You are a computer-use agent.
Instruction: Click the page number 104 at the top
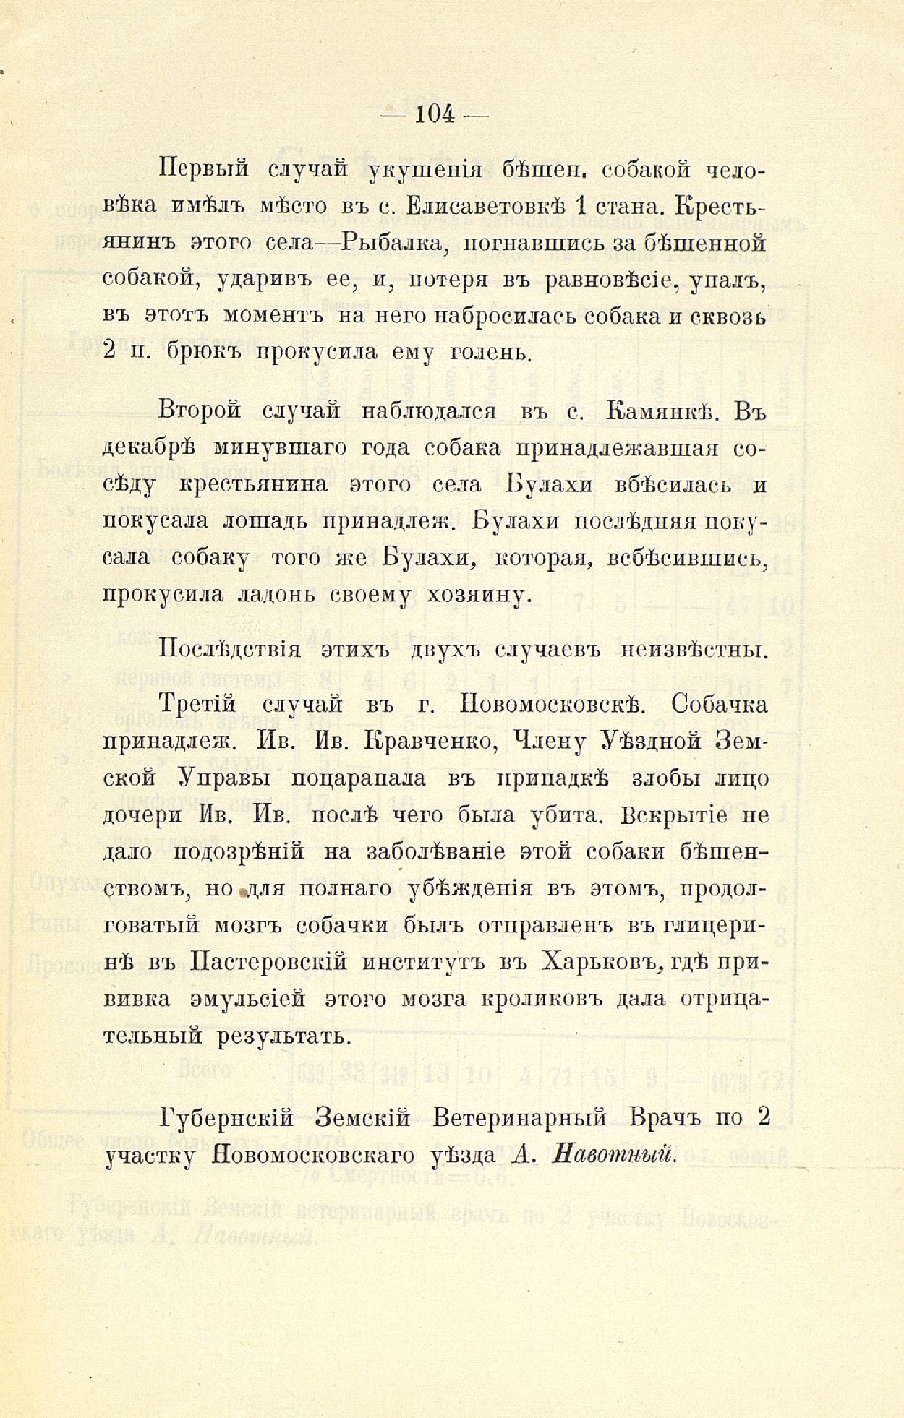click(x=435, y=114)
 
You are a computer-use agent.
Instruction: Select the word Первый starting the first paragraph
click(x=203, y=169)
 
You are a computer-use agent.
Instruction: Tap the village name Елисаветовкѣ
click(x=485, y=206)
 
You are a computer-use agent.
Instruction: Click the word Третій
click(x=199, y=703)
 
